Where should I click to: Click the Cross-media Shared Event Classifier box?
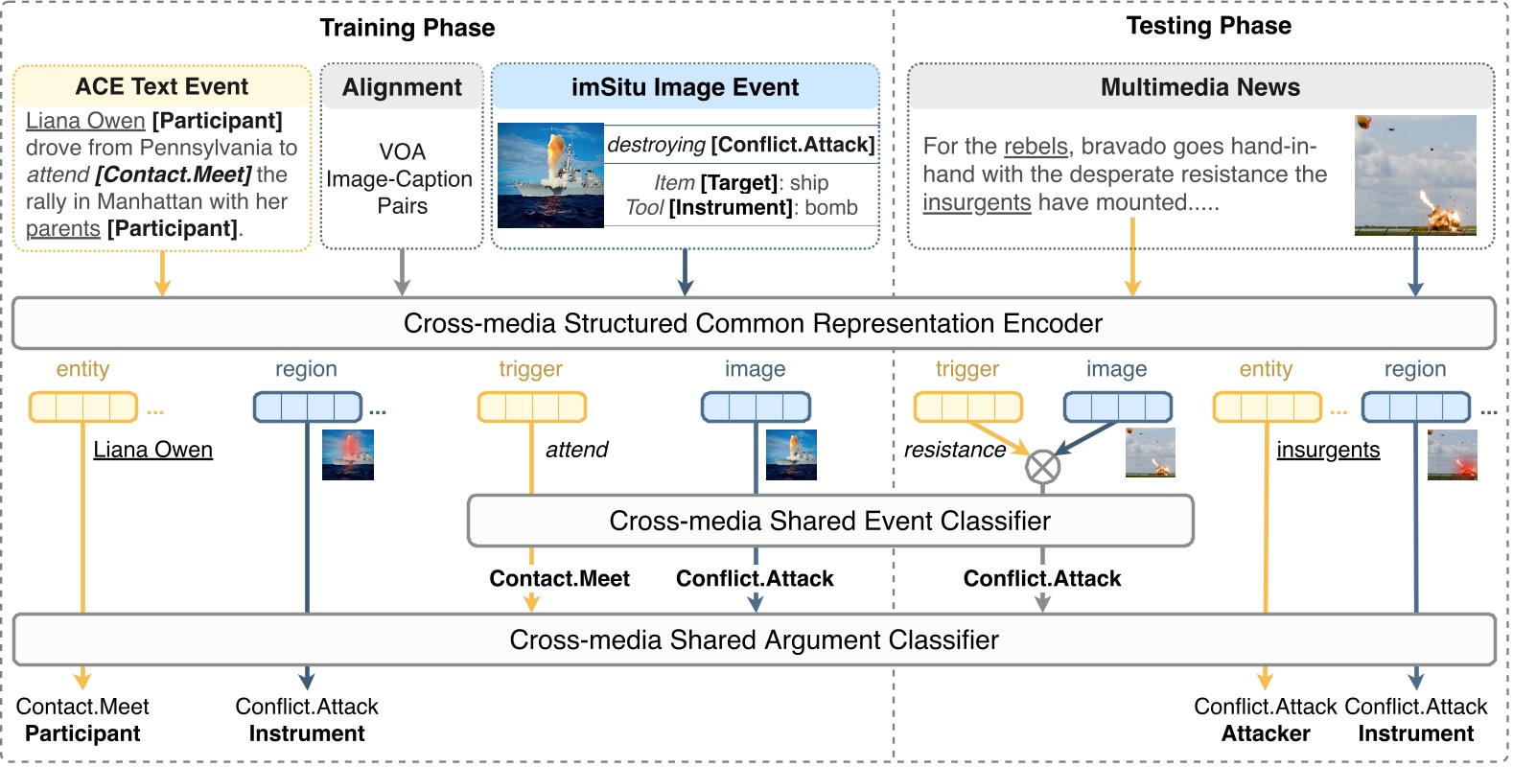tap(829, 521)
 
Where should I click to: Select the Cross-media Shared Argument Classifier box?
tap(754, 639)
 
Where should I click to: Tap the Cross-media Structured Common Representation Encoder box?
tap(753, 323)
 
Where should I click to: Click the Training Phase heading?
tap(407, 28)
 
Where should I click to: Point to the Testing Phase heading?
tap(1208, 26)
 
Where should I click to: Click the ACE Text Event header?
tap(162, 87)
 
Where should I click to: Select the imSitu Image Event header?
tap(685, 87)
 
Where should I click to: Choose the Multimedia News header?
tap(1199, 87)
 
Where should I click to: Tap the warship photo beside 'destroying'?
tap(550, 175)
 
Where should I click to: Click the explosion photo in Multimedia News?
tap(1414, 175)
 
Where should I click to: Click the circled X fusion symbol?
tap(1042, 467)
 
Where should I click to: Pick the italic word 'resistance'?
tap(955, 450)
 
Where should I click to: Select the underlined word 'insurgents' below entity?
tap(1328, 450)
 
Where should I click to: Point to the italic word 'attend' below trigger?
tap(576, 450)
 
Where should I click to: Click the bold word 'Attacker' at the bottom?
tap(1265, 733)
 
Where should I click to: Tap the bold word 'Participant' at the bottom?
tap(82, 733)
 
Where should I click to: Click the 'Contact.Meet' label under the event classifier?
tap(559, 578)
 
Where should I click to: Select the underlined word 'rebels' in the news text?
tap(1036, 147)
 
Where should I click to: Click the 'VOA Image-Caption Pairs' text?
tap(402, 179)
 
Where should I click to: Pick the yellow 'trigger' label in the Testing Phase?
tap(966, 369)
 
